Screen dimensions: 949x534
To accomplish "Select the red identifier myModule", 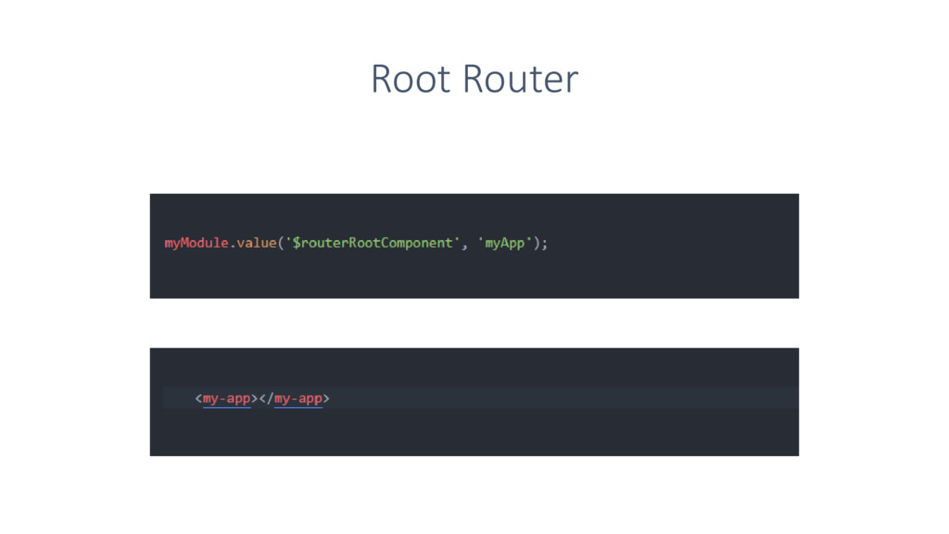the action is point(196,244).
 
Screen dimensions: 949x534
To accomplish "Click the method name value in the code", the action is point(256,244).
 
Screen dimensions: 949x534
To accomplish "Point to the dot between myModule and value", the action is point(233,246).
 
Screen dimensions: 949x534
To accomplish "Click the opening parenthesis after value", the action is point(281,244).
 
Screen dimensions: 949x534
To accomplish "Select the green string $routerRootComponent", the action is point(373,244).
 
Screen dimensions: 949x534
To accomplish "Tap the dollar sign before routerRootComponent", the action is point(296,244).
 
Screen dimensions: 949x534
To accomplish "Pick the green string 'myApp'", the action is point(505,244).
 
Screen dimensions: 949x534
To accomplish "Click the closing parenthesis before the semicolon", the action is point(537,244).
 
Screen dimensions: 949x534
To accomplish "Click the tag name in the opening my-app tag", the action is point(227,399).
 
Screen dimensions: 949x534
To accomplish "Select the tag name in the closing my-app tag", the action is point(298,399).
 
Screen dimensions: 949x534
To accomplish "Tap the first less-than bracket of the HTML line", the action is point(198,399).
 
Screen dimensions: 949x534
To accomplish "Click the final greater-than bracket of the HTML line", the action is point(326,399).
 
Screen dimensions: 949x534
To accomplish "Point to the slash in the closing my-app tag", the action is point(270,399).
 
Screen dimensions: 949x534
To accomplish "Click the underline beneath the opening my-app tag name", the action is point(227,407).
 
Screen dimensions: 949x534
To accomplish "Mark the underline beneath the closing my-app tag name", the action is point(298,407).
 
